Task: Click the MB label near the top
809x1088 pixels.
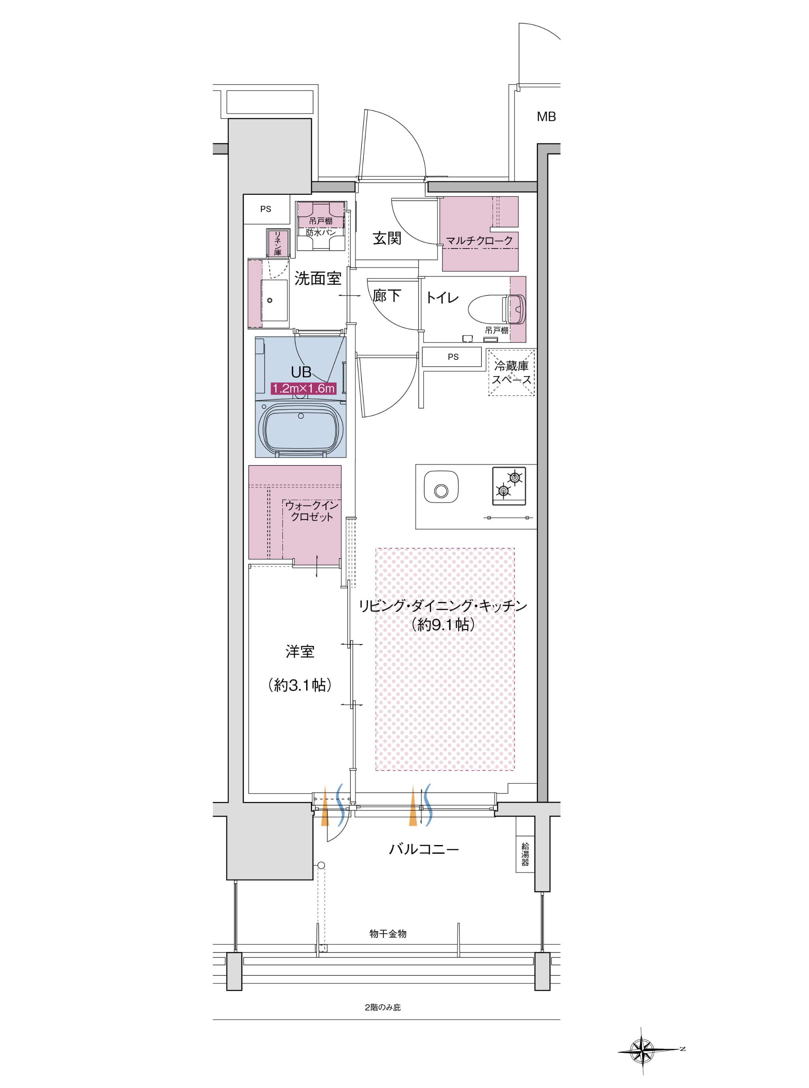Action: click(546, 117)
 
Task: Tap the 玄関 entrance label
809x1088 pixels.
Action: click(387, 239)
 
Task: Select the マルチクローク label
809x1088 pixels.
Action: click(479, 241)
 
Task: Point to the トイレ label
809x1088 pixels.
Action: click(442, 297)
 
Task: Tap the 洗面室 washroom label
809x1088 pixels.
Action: click(318, 279)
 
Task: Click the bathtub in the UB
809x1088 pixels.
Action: click(301, 428)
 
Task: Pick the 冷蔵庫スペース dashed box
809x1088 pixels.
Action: click(511, 373)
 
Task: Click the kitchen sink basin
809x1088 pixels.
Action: click(441, 487)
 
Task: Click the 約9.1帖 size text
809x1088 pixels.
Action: click(443, 624)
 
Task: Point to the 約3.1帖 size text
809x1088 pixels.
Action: click(300, 685)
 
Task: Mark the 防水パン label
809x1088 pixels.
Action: click(321, 233)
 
